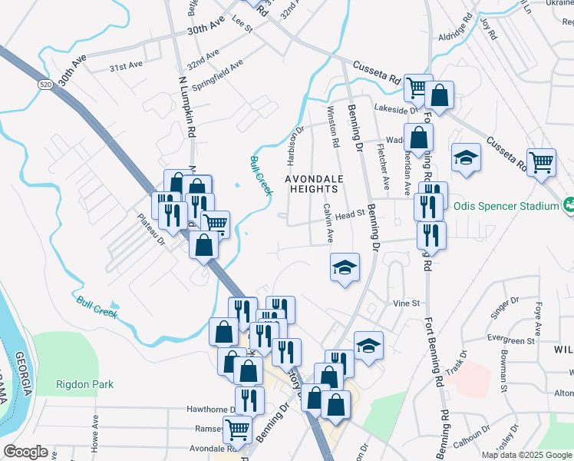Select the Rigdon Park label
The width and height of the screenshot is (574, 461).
click(x=84, y=384)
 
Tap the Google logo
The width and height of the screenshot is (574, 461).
click(x=25, y=452)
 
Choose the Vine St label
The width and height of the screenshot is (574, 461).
click(x=406, y=303)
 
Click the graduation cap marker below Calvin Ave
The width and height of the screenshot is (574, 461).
click(x=345, y=267)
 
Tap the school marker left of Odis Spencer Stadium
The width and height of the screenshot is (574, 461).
click(x=466, y=158)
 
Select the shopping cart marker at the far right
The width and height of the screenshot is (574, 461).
click(x=541, y=162)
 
